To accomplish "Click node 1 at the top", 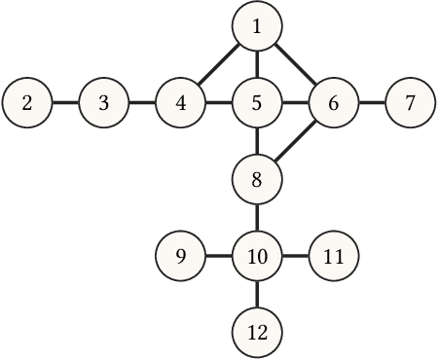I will (x=257, y=26).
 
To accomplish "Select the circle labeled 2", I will (x=27, y=102).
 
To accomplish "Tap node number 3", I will (x=104, y=102).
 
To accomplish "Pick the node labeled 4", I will (x=181, y=102).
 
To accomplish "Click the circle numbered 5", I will (x=257, y=102).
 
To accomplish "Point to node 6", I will (x=334, y=102).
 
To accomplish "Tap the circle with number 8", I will (x=257, y=179).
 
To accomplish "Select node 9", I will (x=181, y=257).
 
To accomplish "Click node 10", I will (x=257, y=257).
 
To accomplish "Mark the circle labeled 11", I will (x=334, y=257).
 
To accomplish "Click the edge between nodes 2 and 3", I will (x=65, y=102).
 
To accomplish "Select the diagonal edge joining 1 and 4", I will (x=219, y=64).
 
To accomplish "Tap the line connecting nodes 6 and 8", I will (x=296, y=140).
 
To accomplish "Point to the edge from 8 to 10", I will (x=257, y=218).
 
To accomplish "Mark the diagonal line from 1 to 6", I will (x=296, y=64).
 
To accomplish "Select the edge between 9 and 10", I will (x=219, y=257).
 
